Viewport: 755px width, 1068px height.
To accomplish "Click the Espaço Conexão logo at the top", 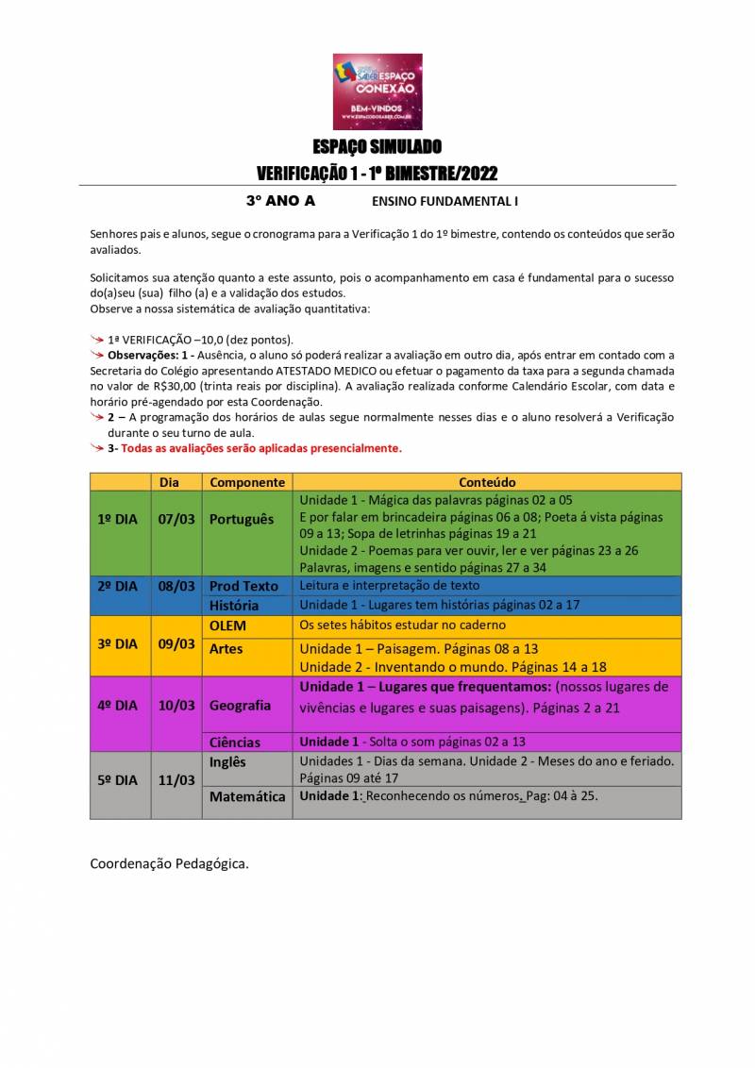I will (377, 92).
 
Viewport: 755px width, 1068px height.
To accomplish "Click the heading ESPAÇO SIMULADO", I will (377, 146).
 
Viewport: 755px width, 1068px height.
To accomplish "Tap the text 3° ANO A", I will (280, 201).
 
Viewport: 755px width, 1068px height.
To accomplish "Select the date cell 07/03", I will (176, 519).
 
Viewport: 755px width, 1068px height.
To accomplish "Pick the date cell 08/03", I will (176, 586).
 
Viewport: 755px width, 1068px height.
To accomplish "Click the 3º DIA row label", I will (118, 643).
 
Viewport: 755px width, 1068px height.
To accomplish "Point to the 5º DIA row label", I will (118, 779).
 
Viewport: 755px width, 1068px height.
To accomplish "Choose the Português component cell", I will (242, 519).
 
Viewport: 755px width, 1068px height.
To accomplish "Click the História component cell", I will (234, 606).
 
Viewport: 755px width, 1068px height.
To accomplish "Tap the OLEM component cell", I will (229, 625).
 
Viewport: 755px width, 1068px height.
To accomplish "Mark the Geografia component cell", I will (240, 705).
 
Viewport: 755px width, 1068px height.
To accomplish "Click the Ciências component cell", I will (235, 743).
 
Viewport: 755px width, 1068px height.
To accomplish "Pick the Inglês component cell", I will (227, 761).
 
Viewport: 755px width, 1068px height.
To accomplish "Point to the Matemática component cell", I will (247, 796).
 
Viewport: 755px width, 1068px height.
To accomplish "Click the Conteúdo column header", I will (487, 482).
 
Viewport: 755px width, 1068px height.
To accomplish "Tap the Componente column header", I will (247, 482).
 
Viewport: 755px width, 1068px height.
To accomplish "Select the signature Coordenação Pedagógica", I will (170, 863).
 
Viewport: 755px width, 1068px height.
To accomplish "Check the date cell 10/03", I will (176, 705).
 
